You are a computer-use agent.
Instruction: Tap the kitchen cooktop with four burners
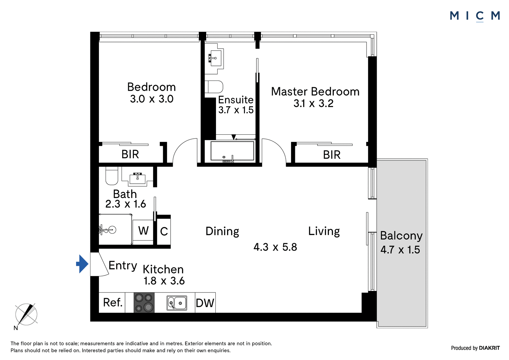[x=144, y=303]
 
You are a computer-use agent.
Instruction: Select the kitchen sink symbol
[x=177, y=303]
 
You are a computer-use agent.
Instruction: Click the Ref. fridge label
[x=113, y=302]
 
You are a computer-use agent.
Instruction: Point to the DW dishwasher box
[x=205, y=303]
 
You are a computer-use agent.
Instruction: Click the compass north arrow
[x=26, y=314]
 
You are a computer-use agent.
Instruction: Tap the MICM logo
[x=475, y=16]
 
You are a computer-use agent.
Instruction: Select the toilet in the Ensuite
[x=214, y=87]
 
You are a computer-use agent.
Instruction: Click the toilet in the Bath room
[x=112, y=176]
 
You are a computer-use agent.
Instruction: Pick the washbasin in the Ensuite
[x=215, y=58]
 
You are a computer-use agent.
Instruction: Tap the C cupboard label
[x=164, y=231]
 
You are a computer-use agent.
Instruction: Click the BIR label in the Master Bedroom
[x=332, y=155]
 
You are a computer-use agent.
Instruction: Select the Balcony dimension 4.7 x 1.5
[x=400, y=250]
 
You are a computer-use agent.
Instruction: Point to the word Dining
[x=222, y=231]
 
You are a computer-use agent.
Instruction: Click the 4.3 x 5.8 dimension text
[x=275, y=247]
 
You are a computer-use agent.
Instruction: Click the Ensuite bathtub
[x=232, y=151]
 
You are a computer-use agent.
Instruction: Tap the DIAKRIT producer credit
[x=489, y=348]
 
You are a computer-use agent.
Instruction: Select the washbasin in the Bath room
[x=137, y=178]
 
